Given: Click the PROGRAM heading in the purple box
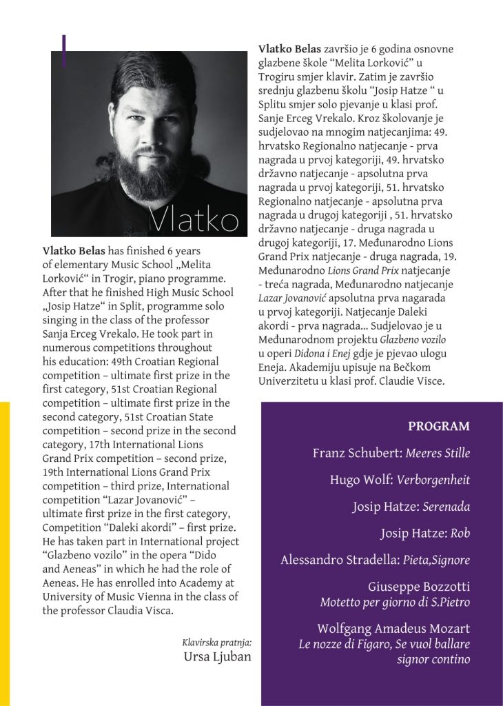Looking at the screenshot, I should coord(439,426).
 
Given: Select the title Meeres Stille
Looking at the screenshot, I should coord(438,453).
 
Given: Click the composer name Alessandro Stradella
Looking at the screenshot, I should coord(338,561).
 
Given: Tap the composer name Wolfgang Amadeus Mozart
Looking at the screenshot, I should coord(393,628).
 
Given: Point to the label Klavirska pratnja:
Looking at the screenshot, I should coord(217,643).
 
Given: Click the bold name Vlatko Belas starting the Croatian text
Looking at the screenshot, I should coord(289,50).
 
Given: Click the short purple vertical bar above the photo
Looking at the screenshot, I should coord(63,50).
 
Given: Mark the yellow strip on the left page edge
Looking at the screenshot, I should coord(5,552).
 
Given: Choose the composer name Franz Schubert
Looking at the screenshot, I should coord(356,453).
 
